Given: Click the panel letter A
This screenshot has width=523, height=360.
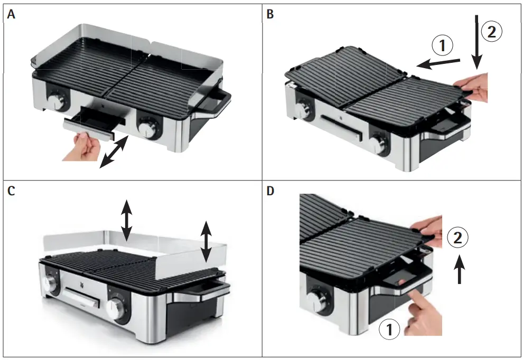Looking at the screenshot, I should coord(11,15).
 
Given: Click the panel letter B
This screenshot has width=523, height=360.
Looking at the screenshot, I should coord(270,15).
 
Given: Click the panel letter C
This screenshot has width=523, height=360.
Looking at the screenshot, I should coord(11,191).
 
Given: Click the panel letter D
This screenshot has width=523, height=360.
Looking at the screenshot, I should coord(271,191).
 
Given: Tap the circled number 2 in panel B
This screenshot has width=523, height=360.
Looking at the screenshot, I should coord(491,32).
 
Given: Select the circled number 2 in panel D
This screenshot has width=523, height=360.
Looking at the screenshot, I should coord(458,238).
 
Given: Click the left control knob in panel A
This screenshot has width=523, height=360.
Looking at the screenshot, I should coord(56,101).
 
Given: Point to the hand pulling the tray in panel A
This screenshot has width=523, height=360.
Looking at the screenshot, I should coord(82,147).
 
